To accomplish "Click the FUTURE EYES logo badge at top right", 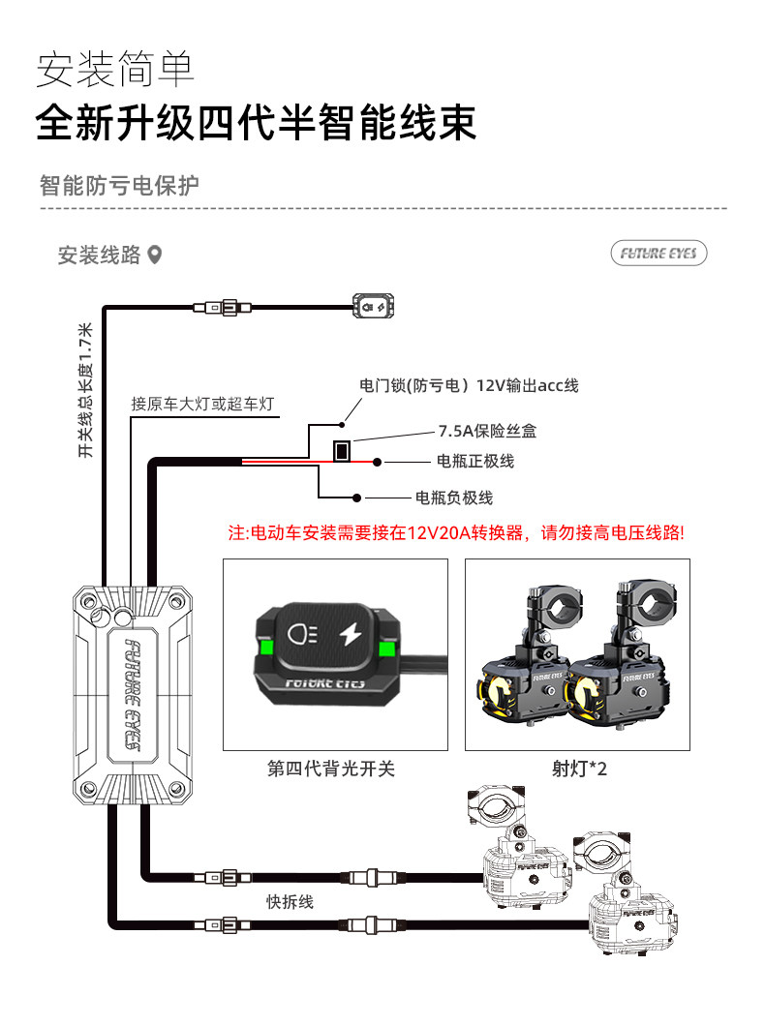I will tap(658, 254).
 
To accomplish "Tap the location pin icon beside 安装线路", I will tap(154, 255).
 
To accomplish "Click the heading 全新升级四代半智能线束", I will tap(256, 124).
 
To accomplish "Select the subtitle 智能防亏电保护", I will tap(119, 185).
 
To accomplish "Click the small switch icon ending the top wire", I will tap(374, 307).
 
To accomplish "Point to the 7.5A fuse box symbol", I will tap(341, 450).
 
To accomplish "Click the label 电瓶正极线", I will tap(475, 461).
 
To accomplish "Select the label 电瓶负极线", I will tap(453, 498).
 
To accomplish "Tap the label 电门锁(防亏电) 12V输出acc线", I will tap(469, 385).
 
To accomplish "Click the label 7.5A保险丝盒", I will tap(489, 431).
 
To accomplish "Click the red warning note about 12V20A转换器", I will tap(455, 533).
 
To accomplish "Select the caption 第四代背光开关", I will tap(332, 769).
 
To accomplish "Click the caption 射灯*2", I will tap(578, 769).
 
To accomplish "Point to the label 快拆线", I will tap(291, 901).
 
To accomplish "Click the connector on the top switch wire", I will tap(222, 308).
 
